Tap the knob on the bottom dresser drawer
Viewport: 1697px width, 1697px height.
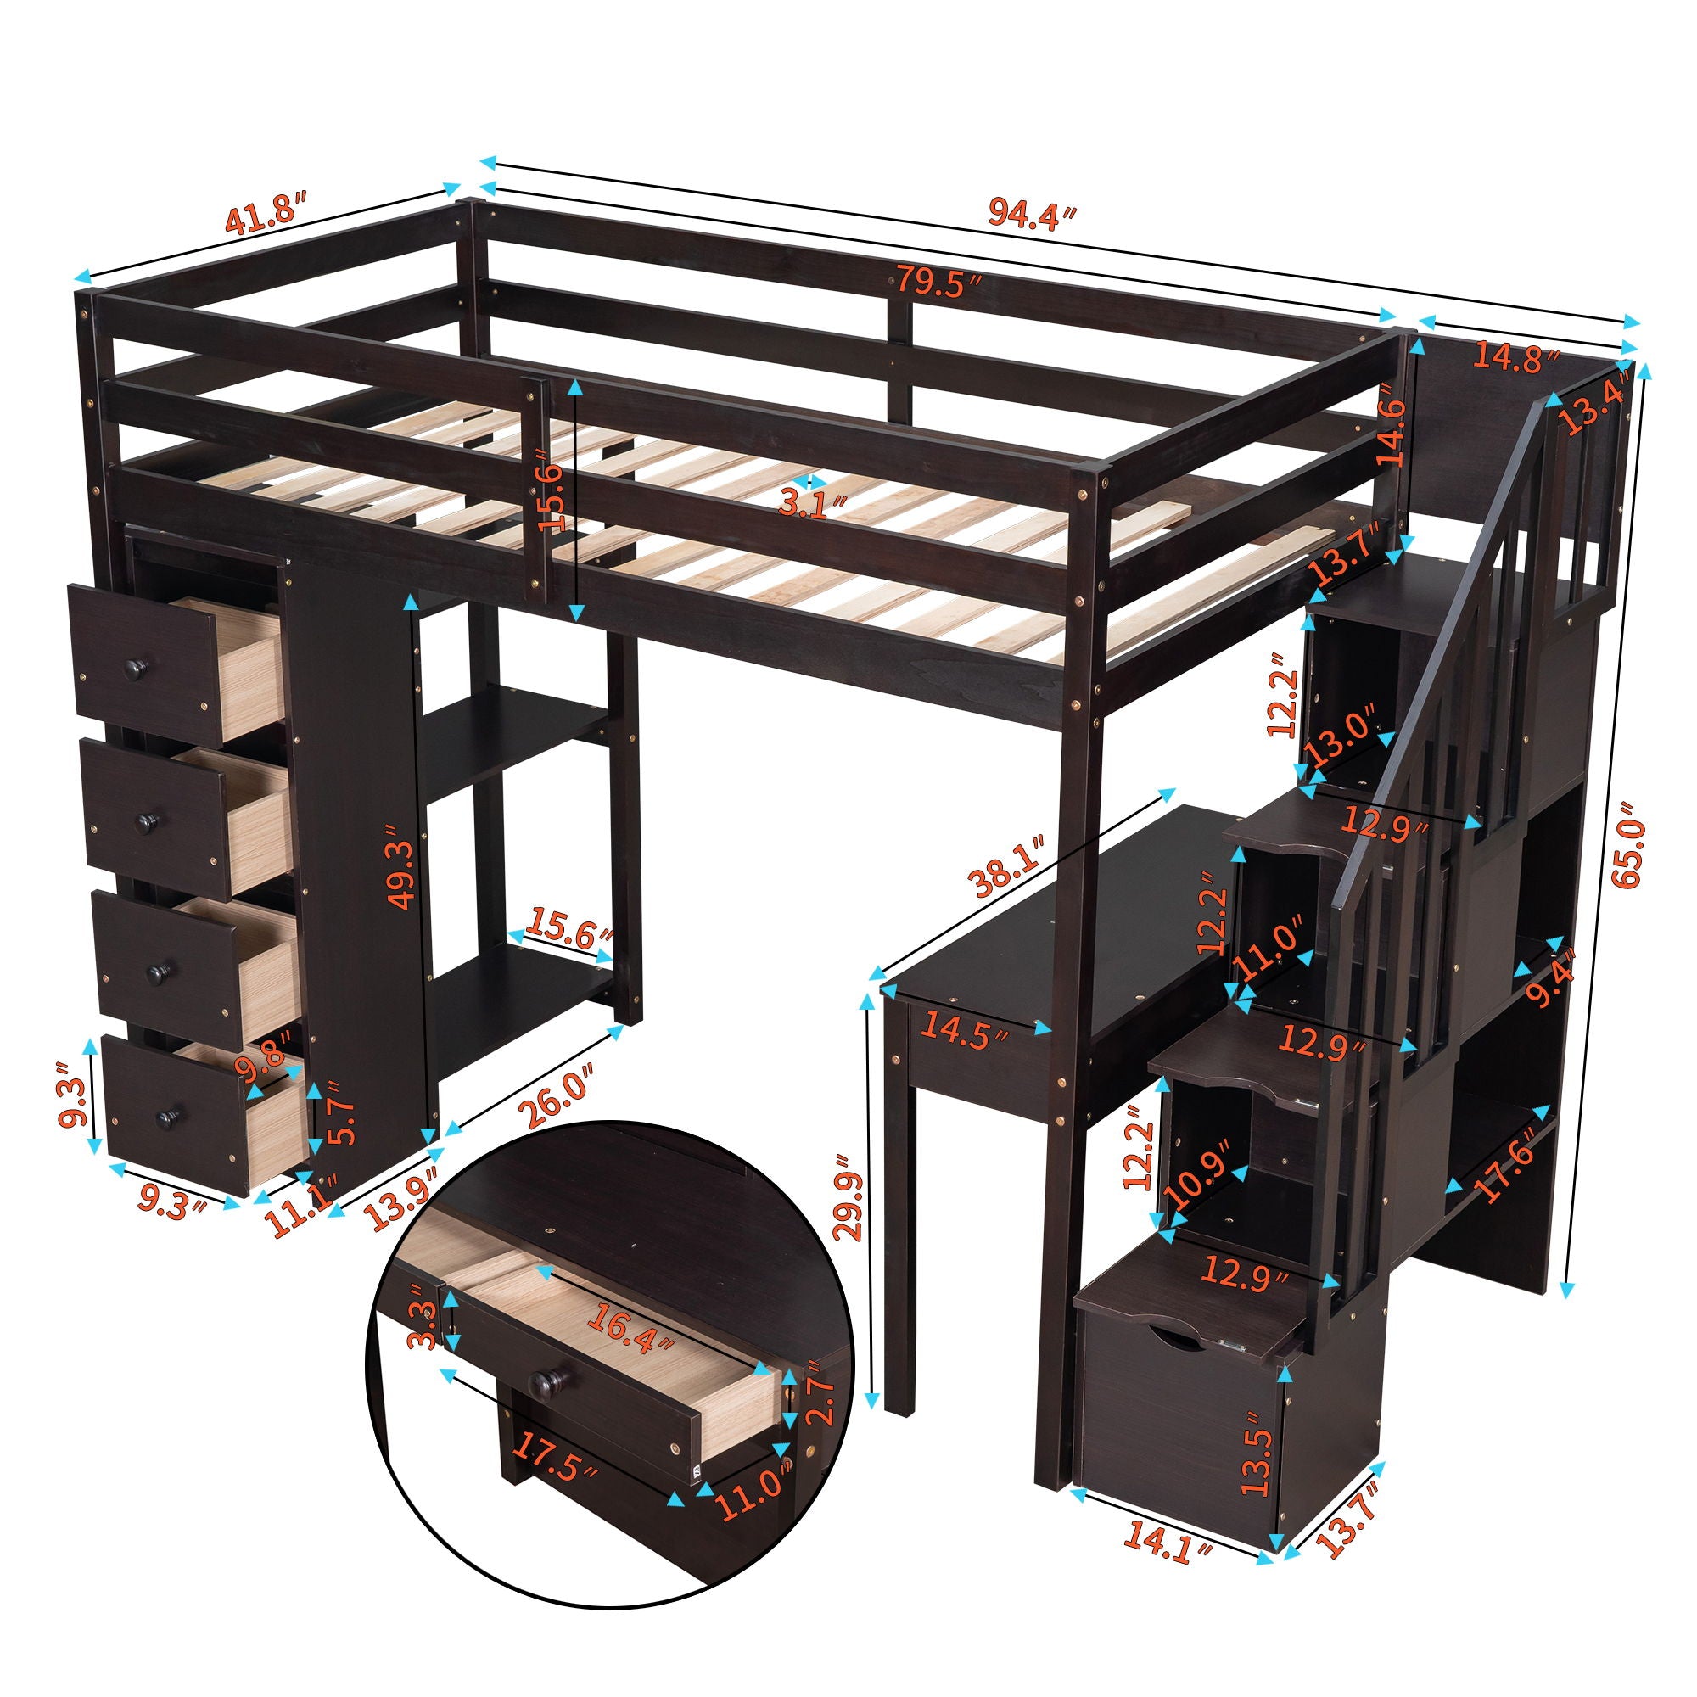point(165,1117)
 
